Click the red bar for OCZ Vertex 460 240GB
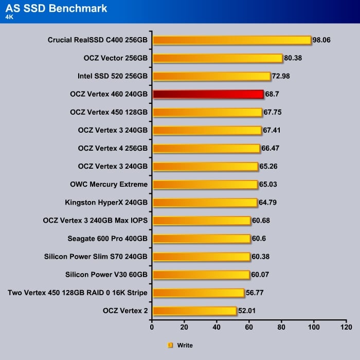[x=208, y=95]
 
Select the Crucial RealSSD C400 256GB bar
[x=232, y=40]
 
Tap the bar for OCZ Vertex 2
[x=194, y=311]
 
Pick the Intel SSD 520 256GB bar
[x=211, y=77]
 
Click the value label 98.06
[x=323, y=40]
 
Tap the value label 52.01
[x=247, y=311]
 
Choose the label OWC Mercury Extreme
[x=109, y=184]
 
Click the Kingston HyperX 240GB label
[x=106, y=202]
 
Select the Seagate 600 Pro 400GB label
[x=107, y=238]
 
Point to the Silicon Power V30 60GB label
[x=106, y=275]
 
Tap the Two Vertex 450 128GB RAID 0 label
[x=78, y=293]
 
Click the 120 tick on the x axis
[x=347, y=327]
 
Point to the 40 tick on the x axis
[x=217, y=327]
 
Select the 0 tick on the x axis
[x=152, y=327]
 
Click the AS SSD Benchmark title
[x=57, y=8]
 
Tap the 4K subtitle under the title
[x=10, y=16]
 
